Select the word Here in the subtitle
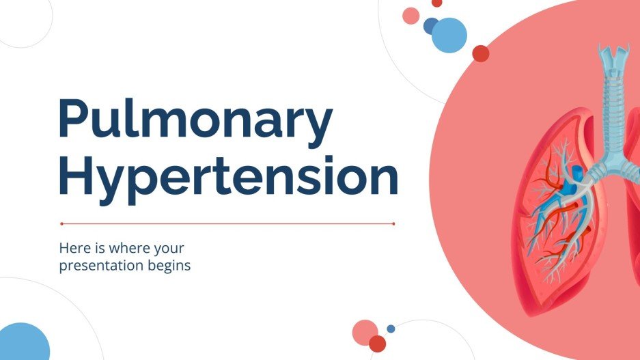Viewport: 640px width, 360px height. [74, 248]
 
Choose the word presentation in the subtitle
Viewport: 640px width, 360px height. [102, 265]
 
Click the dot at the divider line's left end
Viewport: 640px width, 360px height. [61, 223]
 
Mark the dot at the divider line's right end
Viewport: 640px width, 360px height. [394, 223]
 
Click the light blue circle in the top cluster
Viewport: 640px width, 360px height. [449, 35]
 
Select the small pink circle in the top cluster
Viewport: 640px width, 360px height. [411, 16]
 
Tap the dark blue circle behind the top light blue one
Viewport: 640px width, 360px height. [430, 26]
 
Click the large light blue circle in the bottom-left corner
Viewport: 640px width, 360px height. [23, 344]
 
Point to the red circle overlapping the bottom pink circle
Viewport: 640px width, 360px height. [377, 344]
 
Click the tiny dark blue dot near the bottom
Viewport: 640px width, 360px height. [391, 329]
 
